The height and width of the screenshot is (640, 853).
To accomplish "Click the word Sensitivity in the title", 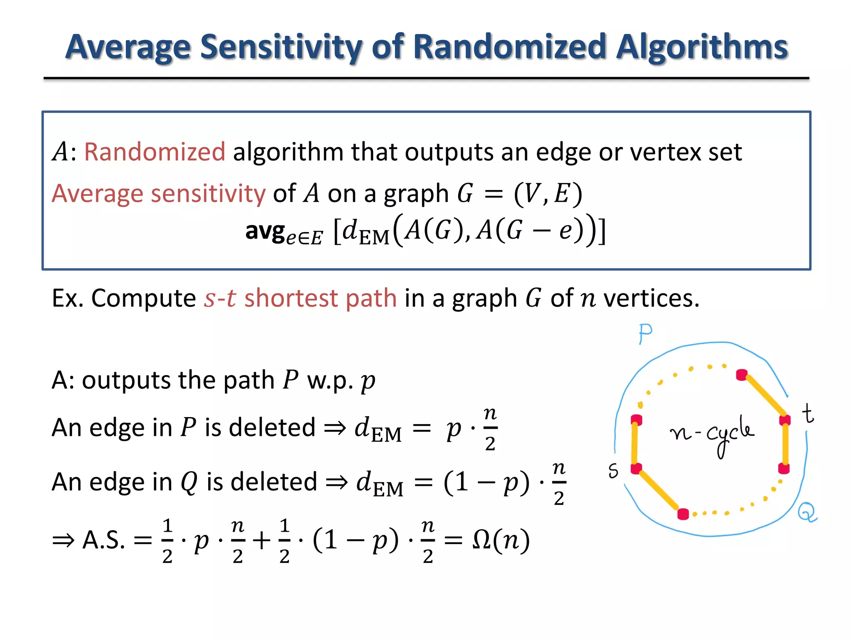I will tap(282, 47).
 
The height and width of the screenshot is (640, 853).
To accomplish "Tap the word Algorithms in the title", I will tap(702, 47).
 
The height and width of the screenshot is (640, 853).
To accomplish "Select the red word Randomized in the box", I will tap(155, 152).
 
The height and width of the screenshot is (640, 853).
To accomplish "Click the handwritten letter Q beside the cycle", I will tap(807, 512).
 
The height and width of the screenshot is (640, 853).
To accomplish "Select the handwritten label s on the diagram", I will tap(613, 471).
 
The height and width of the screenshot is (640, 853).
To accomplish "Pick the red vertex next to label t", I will tap(785, 420).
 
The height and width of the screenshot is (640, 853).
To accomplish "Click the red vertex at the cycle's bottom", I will tap(683, 514).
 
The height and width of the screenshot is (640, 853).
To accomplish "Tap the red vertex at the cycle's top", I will tap(741, 375).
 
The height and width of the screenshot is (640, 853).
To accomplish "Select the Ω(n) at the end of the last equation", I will tap(501, 540).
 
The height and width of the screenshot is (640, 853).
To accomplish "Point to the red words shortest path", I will tap(320, 298).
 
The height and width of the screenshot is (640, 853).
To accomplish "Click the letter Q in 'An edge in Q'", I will tap(189, 482).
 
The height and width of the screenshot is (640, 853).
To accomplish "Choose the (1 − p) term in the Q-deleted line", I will tap(486, 482).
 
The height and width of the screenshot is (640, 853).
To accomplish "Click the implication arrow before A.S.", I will tap(63, 541).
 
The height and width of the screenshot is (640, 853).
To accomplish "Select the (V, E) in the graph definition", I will tap(548, 194).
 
